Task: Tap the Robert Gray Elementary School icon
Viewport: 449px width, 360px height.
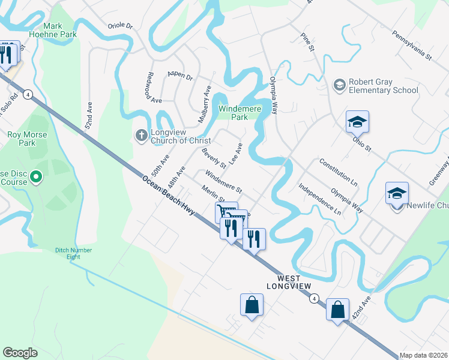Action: [340, 85]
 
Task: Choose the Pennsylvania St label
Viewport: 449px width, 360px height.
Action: [411, 46]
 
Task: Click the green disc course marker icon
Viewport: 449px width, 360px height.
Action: [35, 177]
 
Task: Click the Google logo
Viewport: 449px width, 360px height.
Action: [20, 352]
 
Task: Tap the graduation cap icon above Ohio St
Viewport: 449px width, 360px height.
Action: [357, 122]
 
